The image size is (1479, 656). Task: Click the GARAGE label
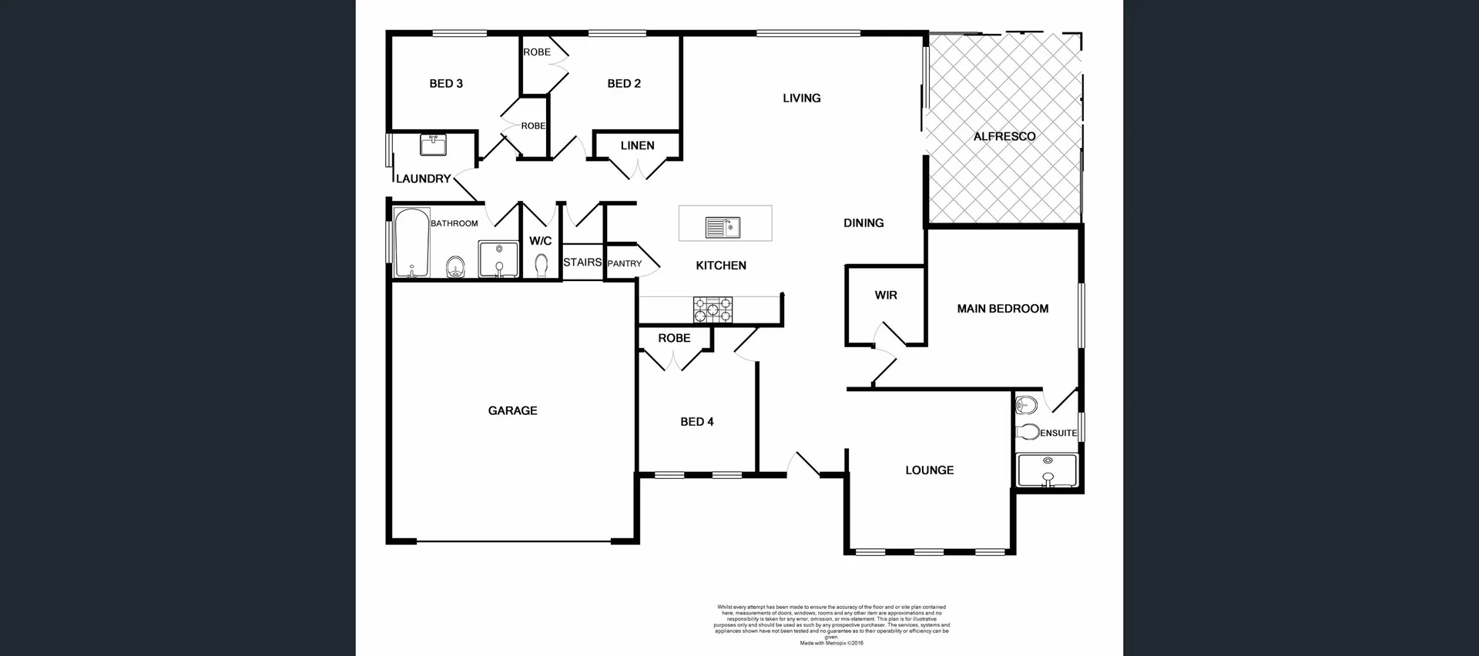[512, 410]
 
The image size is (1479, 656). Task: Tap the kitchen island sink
[723, 227]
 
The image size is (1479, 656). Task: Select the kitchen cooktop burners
[713, 310]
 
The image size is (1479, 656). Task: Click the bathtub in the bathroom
[411, 243]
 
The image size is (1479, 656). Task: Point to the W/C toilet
[541, 265]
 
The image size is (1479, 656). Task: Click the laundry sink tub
[433, 145]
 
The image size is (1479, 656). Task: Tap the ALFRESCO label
[1004, 136]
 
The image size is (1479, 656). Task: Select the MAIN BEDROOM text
[1002, 309]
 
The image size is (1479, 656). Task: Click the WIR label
[886, 295]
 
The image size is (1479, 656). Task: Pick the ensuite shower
[1047, 470]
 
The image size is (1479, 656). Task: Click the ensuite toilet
[1027, 431]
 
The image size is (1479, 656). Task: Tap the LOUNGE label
[929, 470]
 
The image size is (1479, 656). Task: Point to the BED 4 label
[696, 421]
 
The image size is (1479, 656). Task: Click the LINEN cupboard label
[637, 146]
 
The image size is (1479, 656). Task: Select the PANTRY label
[624, 263]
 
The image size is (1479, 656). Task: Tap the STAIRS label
[582, 263]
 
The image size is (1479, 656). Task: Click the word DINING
[863, 223]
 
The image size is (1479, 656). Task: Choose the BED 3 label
[446, 83]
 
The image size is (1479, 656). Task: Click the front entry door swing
[803, 465]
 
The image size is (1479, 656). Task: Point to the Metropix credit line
[831, 643]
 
